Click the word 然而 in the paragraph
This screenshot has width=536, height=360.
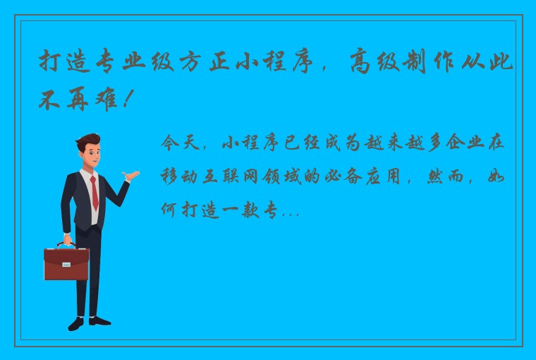[445, 176]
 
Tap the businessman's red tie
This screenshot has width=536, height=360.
[94, 192]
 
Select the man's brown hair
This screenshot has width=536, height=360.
[87, 139]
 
